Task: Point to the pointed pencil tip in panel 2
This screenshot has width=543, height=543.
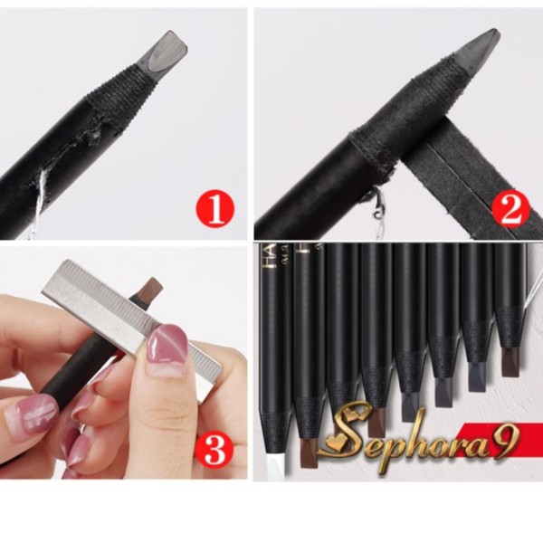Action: [x=481, y=45]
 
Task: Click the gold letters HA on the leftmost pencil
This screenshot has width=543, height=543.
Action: [x=268, y=257]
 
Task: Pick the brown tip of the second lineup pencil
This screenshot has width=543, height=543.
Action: [x=307, y=450]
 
